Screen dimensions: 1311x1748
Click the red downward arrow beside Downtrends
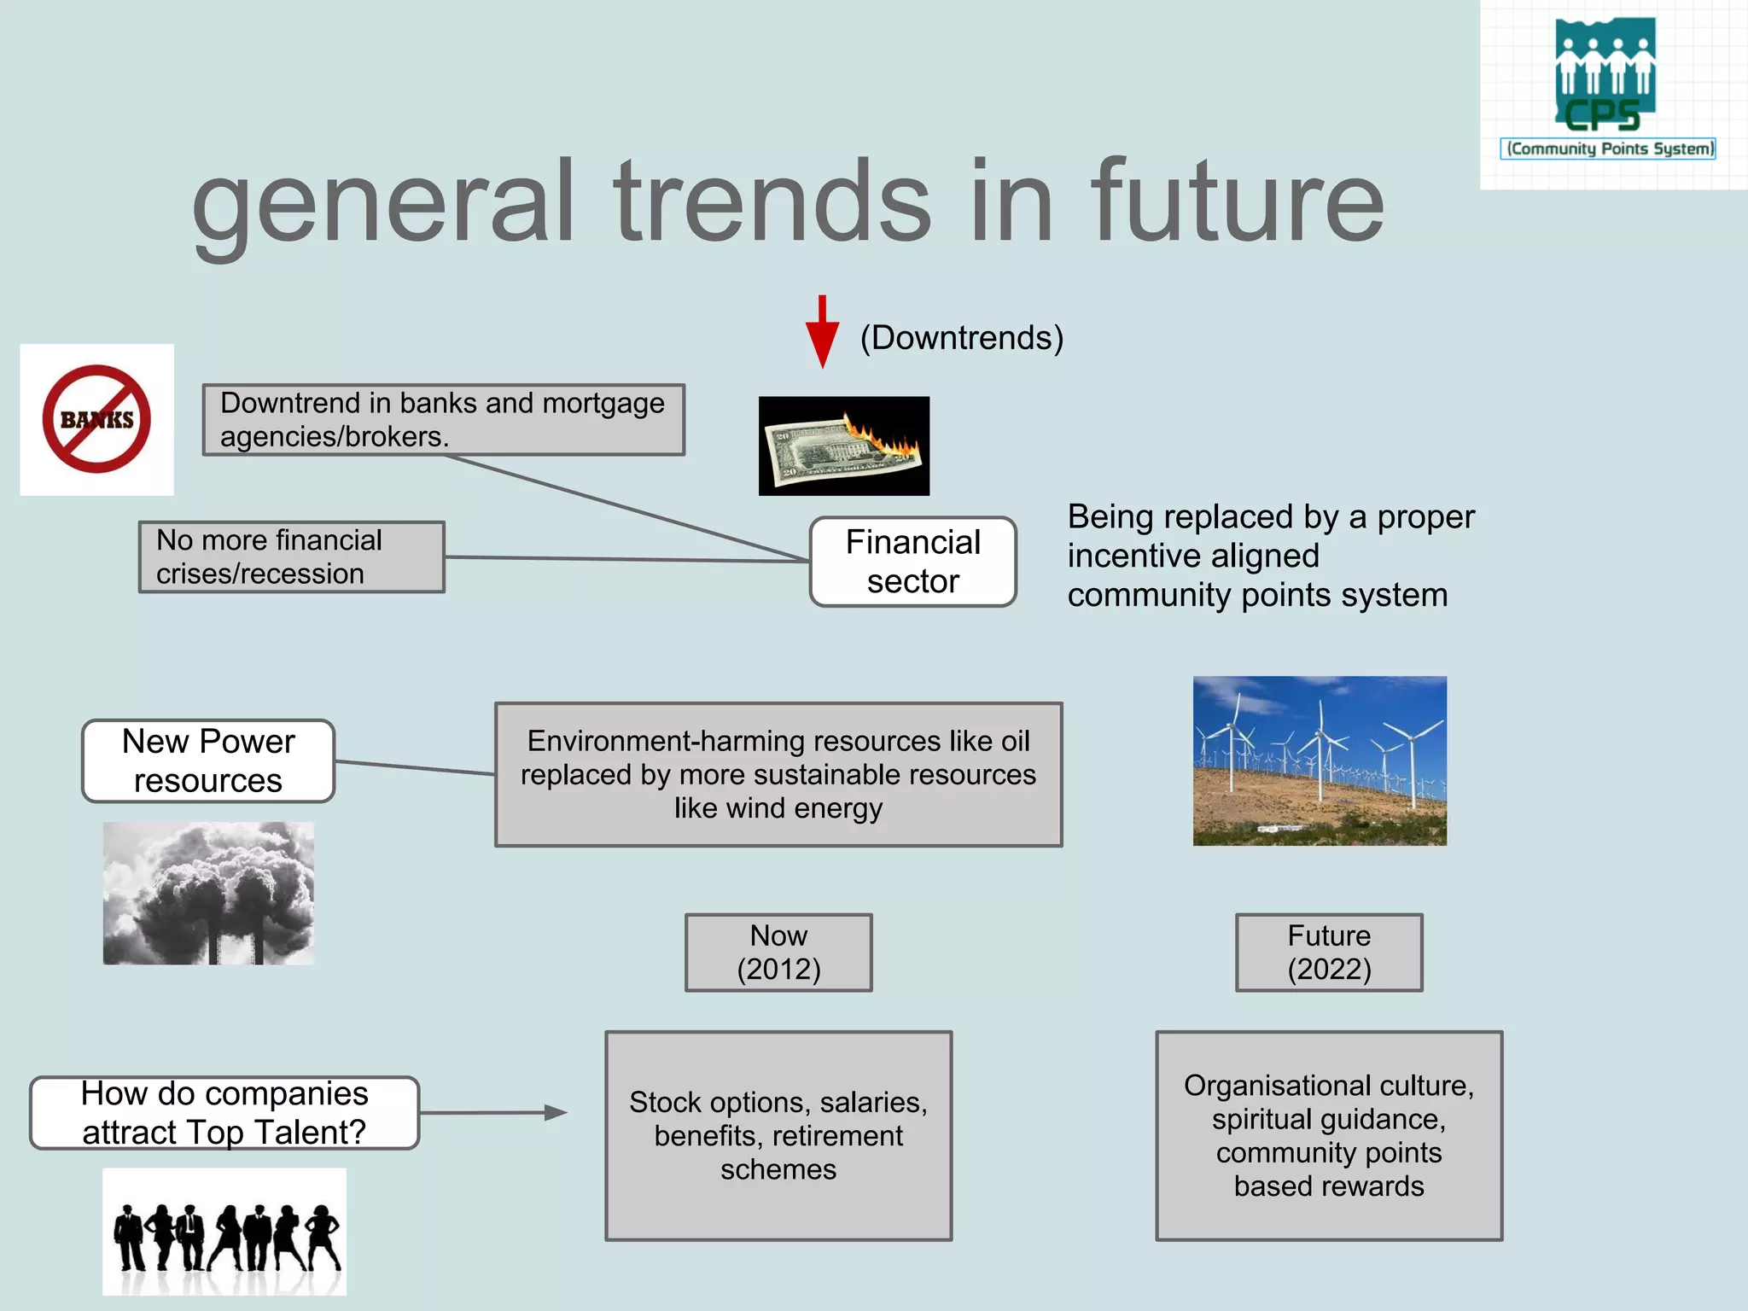[x=822, y=332]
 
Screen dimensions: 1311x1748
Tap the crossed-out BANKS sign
[x=96, y=419]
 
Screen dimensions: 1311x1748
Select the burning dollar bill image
[x=843, y=446]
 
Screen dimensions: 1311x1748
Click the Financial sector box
[x=912, y=562]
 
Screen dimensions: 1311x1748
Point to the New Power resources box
[x=208, y=760]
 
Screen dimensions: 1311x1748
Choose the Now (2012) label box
[x=778, y=953]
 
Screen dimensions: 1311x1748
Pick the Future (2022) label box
[x=1329, y=953]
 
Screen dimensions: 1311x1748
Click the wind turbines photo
[x=1320, y=760]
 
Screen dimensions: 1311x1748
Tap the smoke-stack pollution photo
[x=208, y=893]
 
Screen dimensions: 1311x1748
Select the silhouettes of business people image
[x=224, y=1231]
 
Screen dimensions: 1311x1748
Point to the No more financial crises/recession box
[x=292, y=556]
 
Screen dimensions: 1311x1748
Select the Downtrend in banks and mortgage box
[x=443, y=419]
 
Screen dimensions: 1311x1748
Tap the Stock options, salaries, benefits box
[x=778, y=1135]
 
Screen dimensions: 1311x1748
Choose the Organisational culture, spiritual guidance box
[x=1329, y=1135]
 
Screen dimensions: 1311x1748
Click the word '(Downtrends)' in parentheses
[x=961, y=338]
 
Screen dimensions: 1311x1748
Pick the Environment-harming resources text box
[x=778, y=774]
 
